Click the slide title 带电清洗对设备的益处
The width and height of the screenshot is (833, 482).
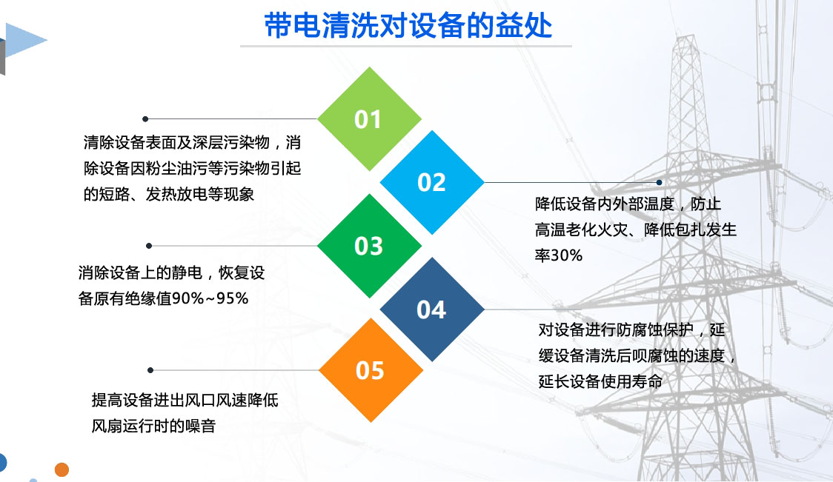pos(408,25)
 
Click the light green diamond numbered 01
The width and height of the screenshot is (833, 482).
pos(369,119)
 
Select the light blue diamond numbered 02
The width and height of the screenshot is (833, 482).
pos(432,182)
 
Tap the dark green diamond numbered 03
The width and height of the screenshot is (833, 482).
pos(369,246)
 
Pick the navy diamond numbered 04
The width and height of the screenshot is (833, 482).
pos(432,309)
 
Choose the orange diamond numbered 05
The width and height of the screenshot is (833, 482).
pos(371,370)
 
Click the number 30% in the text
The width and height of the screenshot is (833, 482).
pos(566,255)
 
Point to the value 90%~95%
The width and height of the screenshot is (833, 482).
pos(210,298)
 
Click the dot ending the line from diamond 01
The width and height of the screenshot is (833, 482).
pos(145,119)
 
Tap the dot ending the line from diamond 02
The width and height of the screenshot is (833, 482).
pos(660,182)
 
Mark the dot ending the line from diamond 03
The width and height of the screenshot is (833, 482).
pos(149,246)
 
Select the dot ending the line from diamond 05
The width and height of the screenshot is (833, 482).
pos(150,370)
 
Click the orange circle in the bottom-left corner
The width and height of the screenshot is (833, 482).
pos(62,470)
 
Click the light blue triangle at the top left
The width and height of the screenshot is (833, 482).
pos(24,40)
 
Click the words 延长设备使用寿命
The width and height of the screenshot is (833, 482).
pos(600,381)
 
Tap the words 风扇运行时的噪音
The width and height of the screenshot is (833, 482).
pos(153,426)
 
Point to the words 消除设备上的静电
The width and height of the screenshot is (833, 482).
pos(140,273)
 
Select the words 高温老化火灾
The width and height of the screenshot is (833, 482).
pos(581,230)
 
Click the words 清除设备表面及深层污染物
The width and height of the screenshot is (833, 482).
pos(176,142)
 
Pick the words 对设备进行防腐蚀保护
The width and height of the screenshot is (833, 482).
pos(616,329)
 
